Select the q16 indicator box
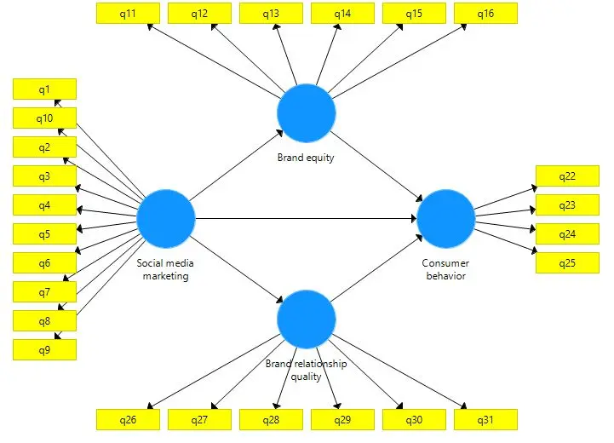coord(485,13)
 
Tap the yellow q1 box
coord(44,89)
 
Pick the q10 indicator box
coord(44,118)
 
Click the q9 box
coord(44,349)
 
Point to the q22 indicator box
coord(566,176)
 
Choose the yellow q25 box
coord(566,263)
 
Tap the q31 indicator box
coord(485,419)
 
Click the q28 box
coord(271,419)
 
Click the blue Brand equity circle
coord(307,113)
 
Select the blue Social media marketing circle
coord(165,218)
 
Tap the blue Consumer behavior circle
coord(445,218)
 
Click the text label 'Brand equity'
coord(306,158)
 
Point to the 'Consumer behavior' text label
coord(445,269)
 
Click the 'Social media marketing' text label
coord(165,269)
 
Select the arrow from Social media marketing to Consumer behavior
coord(307,219)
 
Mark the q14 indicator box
coord(342,13)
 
